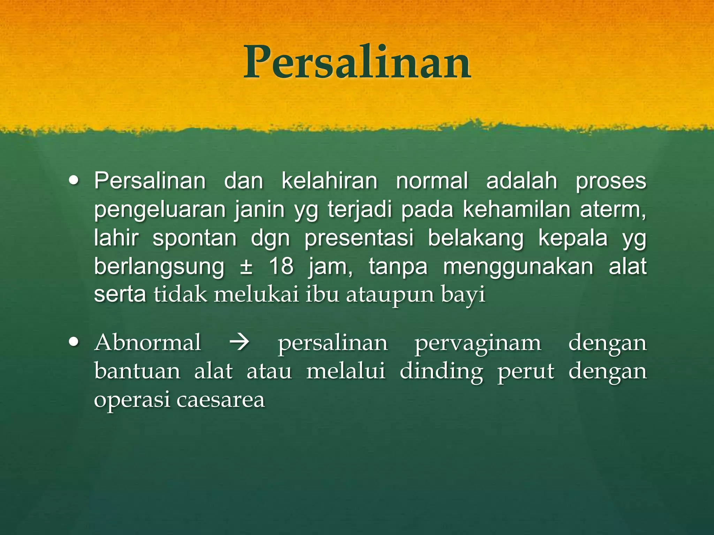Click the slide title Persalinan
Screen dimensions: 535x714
(x=357, y=63)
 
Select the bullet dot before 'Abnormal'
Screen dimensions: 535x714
(x=74, y=342)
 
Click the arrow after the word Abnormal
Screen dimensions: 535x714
(x=239, y=342)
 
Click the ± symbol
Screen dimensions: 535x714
(x=246, y=267)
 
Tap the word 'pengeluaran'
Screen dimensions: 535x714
(x=160, y=210)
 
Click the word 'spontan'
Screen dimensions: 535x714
(x=195, y=239)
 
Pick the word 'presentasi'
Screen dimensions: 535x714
(x=359, y=239)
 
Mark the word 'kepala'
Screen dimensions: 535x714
(x=573, y=239)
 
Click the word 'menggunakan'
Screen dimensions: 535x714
(x=518, y=267)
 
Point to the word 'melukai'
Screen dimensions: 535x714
(x=257, y=295)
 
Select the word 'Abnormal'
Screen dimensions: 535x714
(x=148, y=342)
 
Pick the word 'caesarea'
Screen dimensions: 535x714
(x=221, y=400)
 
